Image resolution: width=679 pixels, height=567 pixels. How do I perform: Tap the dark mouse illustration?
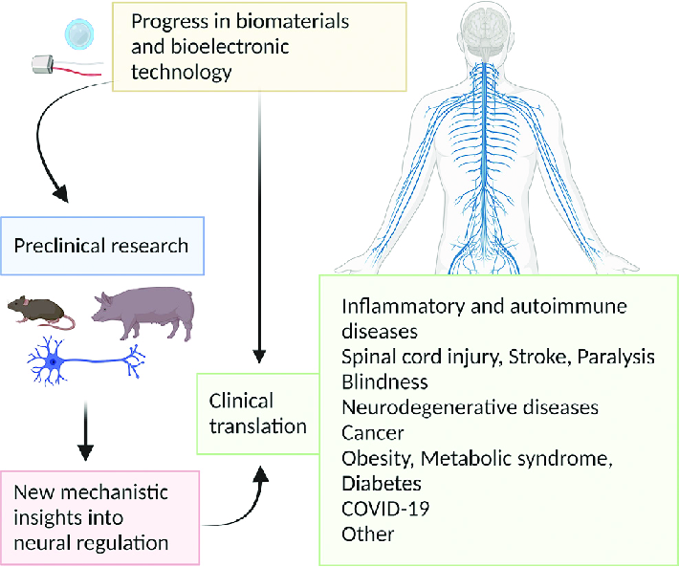click(40, 311)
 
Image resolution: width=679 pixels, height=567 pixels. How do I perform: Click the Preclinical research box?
click(101, 245)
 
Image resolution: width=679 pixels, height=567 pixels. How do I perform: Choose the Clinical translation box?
click(252, 413)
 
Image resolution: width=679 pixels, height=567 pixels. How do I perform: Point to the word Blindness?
click(385, 382)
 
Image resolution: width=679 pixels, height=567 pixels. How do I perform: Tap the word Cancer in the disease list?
click(372, 432)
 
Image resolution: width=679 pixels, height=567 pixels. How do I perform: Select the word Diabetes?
click(383, 483)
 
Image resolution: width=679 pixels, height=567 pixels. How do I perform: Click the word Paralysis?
click(609, 357)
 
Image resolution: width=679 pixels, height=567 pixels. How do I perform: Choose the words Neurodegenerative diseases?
click(470, 407)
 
